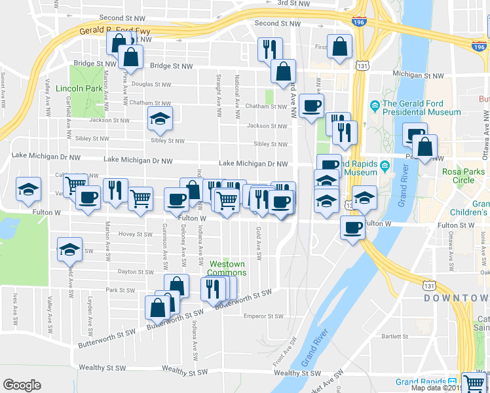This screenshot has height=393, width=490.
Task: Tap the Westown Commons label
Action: click(x=227, y=268)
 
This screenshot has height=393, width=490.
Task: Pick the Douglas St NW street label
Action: click(x=151, y=84)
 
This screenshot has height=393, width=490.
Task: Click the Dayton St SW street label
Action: click(x=136, y=271)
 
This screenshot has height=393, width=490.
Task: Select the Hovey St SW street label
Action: click(x=136, y=234)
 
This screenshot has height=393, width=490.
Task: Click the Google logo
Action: click(x=22, y=385)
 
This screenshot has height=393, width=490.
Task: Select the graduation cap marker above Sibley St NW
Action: click(x=159, y=119)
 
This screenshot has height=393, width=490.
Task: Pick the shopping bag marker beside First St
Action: click(x=340, y=47)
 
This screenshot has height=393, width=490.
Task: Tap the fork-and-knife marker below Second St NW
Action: click(x=269, y=48)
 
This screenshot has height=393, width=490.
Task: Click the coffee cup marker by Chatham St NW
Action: click(x=311, y=105)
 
